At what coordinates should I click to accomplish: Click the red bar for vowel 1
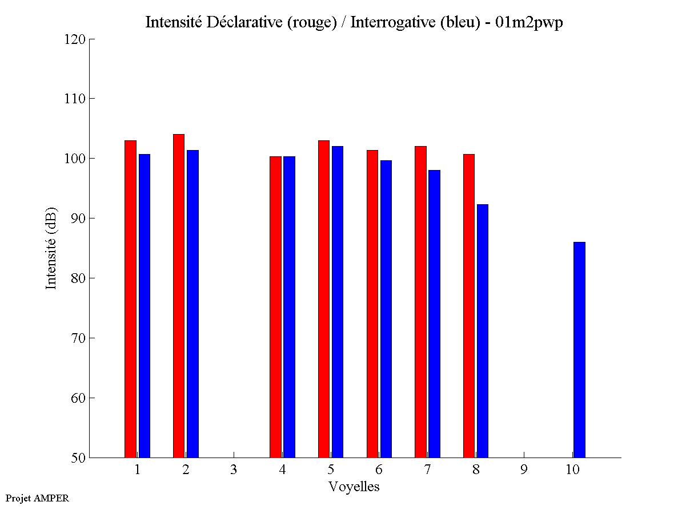[130, 299]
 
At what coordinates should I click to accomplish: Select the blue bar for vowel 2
[192, 303]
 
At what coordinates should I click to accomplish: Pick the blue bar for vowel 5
[337, 302]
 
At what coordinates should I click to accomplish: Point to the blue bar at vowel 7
[434, 314]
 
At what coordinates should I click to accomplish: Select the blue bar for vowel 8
[483, 331]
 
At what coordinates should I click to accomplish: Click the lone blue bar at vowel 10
[579, 350]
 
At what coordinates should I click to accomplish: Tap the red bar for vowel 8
[469, 306]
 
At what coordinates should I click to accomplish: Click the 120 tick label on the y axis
[75, 39]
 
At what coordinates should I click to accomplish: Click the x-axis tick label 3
[234, 470]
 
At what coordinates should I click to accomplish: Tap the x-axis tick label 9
[524, 470]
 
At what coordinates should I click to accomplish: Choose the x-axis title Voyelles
[354, 487]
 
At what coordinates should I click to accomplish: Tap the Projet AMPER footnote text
[37, 498]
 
